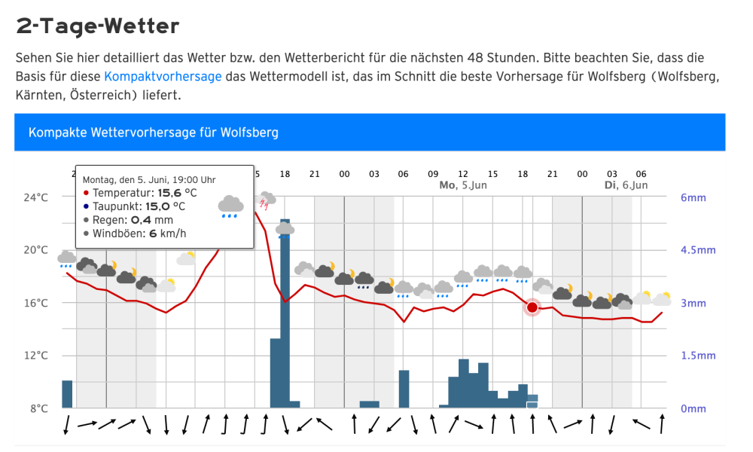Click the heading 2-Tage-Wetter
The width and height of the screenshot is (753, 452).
(x=98, y=26)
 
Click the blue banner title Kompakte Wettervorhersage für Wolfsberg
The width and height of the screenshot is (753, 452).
(x=154, y=133)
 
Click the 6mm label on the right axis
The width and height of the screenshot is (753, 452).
(x=693, y=198)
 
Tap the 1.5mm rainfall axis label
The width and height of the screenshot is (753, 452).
(x=698, y=356)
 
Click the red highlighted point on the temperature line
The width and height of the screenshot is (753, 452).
(x=532, y=307)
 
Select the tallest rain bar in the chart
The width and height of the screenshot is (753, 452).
(x=285, y=313)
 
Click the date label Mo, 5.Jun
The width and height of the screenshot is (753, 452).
(x=462, y=185)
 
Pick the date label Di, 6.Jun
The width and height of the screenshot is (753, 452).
(x=625, y=185)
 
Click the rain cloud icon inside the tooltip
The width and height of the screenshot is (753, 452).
(x=230, y=206)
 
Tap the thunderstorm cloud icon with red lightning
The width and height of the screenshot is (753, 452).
(x=266, y=200)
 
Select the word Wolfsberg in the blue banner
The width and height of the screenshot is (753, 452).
(x=249, y=133)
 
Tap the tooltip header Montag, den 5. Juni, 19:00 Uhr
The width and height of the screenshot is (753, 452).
(x=149, y=179)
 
